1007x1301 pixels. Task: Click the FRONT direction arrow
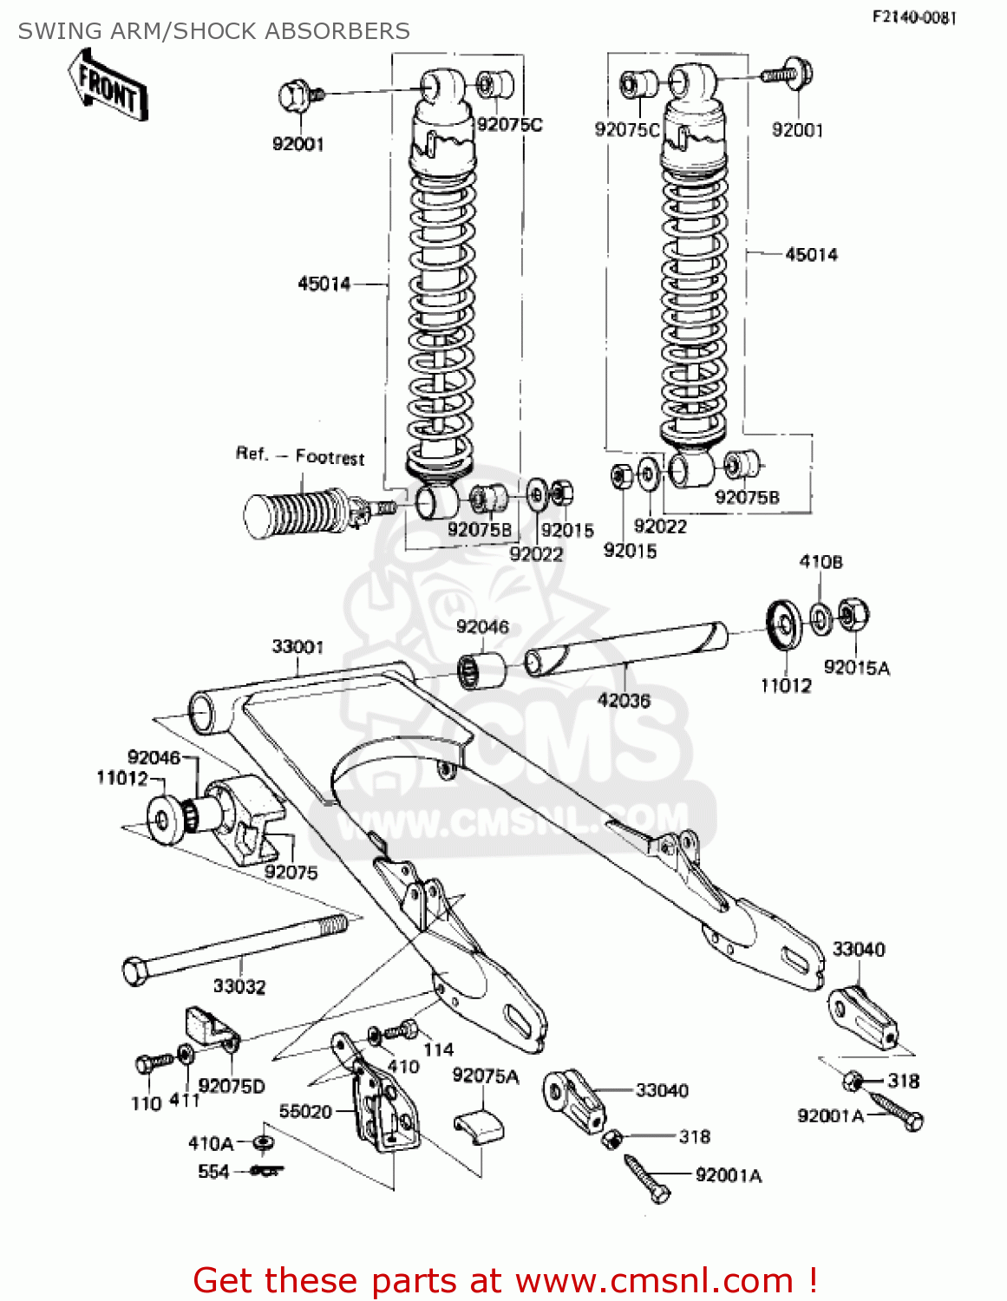[x=108, y=85]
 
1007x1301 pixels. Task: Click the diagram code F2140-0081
[x=913, y=17]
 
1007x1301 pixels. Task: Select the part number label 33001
[x=298, y=647]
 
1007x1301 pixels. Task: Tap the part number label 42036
[x=624, y=700]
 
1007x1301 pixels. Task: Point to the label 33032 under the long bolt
[x=239, y=986]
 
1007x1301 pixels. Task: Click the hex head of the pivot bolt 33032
[x=136, y=971]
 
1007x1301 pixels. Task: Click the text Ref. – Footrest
[x=300, y=456]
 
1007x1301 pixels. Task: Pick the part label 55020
[x=305, y=1111]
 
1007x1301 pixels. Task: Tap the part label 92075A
[x=486, y=1076]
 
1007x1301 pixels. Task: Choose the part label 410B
[x=821, y=562]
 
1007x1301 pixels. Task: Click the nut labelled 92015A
[x=853, y=615]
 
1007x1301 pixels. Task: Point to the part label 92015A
[x=856, y=668]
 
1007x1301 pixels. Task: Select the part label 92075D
[x=232, y=1086]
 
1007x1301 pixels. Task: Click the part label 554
[x=213, y=1172]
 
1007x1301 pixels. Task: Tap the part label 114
[x=438, y=1049]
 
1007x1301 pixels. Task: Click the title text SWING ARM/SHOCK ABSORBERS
[x=214, y=31]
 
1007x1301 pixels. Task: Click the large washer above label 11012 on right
[x=785, y=624]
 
